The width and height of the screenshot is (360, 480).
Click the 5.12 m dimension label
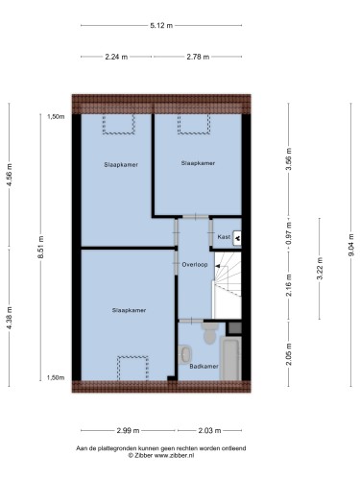[x=161, y=25]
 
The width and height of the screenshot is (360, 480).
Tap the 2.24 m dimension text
[x=116, y=57]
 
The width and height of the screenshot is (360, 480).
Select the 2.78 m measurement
[x=198, y=57]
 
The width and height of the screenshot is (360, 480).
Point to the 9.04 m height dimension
[x=351, y=245]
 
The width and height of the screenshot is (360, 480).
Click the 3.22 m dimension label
[x=320, y=268]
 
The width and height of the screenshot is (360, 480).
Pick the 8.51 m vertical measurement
[x=40, y=247]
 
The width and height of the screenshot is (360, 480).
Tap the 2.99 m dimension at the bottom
[x=128, y=430]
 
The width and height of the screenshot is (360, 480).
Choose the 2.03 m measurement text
[x=209, y=430]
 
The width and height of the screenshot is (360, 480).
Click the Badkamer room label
[x=204, y=366]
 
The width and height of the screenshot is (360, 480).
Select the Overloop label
[x=195, y=265]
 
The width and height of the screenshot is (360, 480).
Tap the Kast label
[x=224, y=237]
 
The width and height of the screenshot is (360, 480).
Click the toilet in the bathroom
[x=210, y=333]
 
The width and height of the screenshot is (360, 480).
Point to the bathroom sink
[x=185, y=354]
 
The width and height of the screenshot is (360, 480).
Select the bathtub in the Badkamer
[x=231, y=358]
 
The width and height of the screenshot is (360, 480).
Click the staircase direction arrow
[x=217, y=266]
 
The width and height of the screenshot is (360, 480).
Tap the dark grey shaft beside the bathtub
[x=235, y=328]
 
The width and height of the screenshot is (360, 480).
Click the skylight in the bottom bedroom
[x=132, y=368]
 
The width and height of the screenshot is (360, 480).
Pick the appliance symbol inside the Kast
[x=237, y=238]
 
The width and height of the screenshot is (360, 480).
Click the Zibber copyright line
[x=161, y=455]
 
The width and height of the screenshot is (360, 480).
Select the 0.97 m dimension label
[x=289, y=233]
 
